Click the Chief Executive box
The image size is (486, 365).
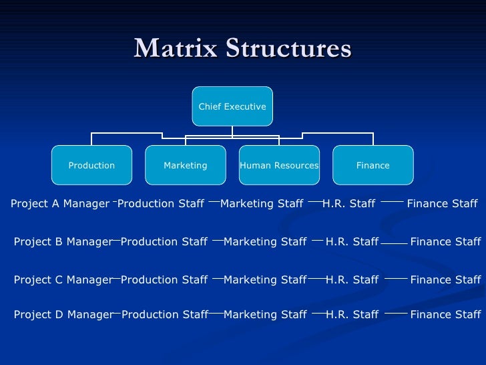(232, 106)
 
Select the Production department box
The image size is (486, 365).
(91, 165)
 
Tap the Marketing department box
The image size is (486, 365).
(186, 165)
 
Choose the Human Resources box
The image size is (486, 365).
(279, 165)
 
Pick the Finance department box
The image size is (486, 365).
(373, 165)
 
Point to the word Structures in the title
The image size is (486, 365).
(288, 48)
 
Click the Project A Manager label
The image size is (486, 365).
(60, 204)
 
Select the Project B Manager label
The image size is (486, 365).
(63, 242)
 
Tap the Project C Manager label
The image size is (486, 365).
(63, 280)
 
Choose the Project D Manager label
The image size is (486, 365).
(63, 314)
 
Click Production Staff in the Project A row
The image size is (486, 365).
(161, 204)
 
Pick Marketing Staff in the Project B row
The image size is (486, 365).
(265, 242)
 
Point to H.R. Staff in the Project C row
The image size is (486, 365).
(352, 280)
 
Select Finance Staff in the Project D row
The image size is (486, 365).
(445, 314)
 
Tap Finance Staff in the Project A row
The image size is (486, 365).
(442, 204)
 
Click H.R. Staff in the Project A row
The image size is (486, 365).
(348, 204)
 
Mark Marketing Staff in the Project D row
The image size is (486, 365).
(265, 314)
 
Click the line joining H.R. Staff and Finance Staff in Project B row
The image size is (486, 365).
(394, 243)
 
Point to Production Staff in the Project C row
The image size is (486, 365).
(164, 280)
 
